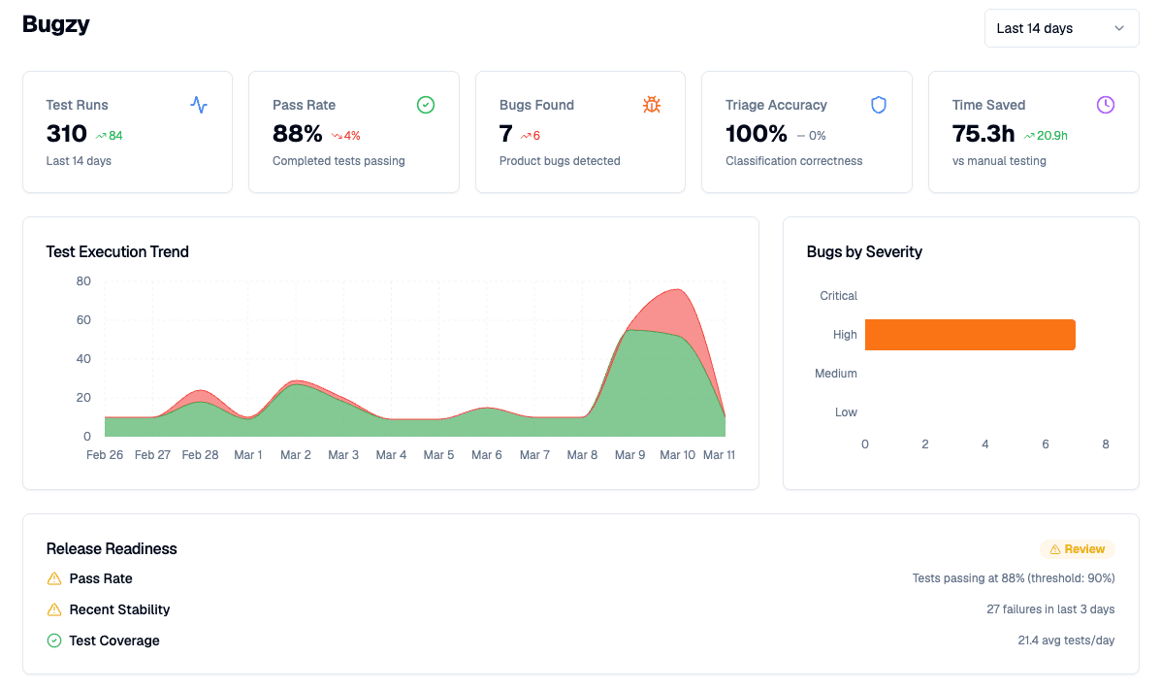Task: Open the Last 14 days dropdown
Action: [x=1061, y=28]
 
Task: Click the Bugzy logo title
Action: [x=56, y=25]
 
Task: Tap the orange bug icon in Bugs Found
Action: [x=652, y=105]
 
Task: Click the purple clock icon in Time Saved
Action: [x=1105, y=105]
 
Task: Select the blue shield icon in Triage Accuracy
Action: [x=879, y=105]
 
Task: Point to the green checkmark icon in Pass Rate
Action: [x=425, y=105]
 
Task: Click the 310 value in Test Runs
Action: [x=67, y=134]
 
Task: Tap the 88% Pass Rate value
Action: [x=297, y=134]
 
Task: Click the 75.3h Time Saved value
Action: [x=984, y=134]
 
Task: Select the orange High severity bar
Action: [x=970, y=335]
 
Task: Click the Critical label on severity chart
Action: [x=838, y=296]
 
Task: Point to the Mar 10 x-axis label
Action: [x=677, y=455]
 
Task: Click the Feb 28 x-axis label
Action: [x=200, y=455]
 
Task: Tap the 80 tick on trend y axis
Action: [x=83, y=281]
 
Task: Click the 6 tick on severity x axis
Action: [x=1046, y=444]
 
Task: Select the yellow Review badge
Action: [x=1077, y=549]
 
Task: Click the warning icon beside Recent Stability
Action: [x=54, y=610]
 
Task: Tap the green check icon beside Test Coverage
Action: [x=54, y=641]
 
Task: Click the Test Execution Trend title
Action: [x=117, y=252]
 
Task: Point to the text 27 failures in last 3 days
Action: [x=1050, y=609]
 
